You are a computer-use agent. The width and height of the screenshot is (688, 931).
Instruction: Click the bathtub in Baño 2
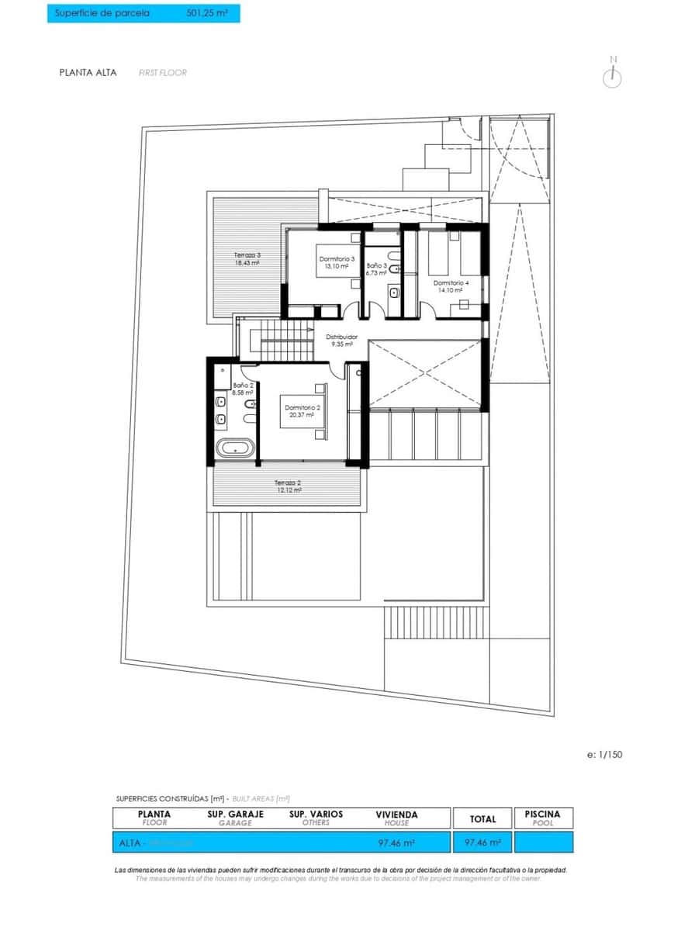click(x=233, y=448)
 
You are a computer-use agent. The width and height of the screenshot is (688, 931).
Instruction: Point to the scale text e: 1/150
click(x=606, y=754)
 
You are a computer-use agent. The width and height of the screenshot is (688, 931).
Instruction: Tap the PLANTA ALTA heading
click(x=88, y=73)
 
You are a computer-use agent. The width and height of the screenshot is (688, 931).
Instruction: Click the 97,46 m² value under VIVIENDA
click(x=396, y=842)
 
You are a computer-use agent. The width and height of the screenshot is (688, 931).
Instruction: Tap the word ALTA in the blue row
click(x=129, y=842)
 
